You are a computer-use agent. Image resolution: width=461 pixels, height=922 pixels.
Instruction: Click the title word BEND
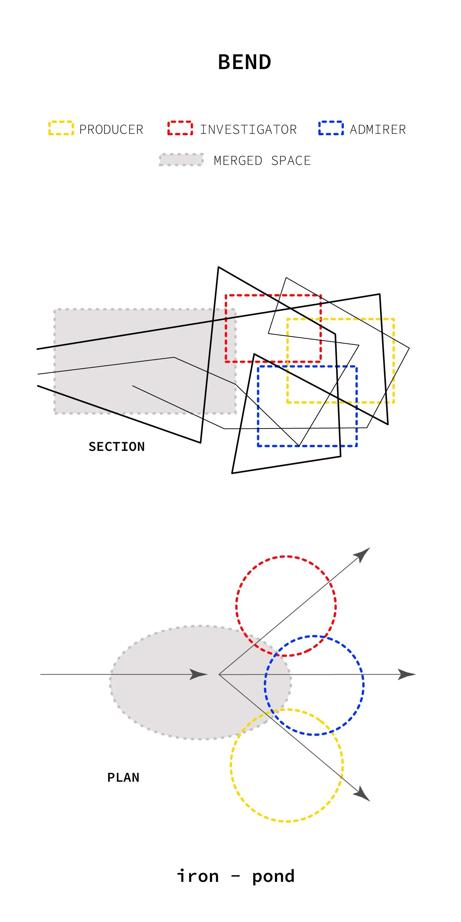(245, 62)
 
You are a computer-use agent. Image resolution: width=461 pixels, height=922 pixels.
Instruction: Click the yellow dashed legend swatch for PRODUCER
(61, 128)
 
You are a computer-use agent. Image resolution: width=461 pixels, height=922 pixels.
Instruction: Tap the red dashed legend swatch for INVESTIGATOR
(180, 128)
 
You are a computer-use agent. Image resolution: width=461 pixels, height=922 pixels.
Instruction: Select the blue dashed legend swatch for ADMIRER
(331, 128)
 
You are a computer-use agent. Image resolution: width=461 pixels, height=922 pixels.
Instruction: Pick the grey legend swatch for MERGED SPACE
(181, 160)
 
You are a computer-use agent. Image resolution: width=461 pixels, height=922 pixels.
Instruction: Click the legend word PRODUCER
(111, 129)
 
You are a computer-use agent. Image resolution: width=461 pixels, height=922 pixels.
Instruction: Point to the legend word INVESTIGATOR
(248, 129)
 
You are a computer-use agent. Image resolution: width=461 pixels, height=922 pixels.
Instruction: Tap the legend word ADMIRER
(378, 129)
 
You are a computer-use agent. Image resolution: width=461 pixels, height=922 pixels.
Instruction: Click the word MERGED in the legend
(238, 161)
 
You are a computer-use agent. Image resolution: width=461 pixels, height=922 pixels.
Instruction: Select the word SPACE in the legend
(291, 161)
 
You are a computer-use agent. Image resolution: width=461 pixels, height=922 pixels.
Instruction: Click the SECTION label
(116, 447)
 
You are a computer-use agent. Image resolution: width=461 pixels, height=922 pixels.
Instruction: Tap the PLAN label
(123, 777)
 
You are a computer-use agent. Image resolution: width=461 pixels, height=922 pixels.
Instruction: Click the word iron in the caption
(198, 876)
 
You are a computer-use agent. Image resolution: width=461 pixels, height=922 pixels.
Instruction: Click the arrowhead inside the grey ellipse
(199, 674)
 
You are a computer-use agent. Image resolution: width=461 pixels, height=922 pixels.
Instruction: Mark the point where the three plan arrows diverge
(219, 674)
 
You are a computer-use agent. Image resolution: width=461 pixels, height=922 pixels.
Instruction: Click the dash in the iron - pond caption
(236, 876)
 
